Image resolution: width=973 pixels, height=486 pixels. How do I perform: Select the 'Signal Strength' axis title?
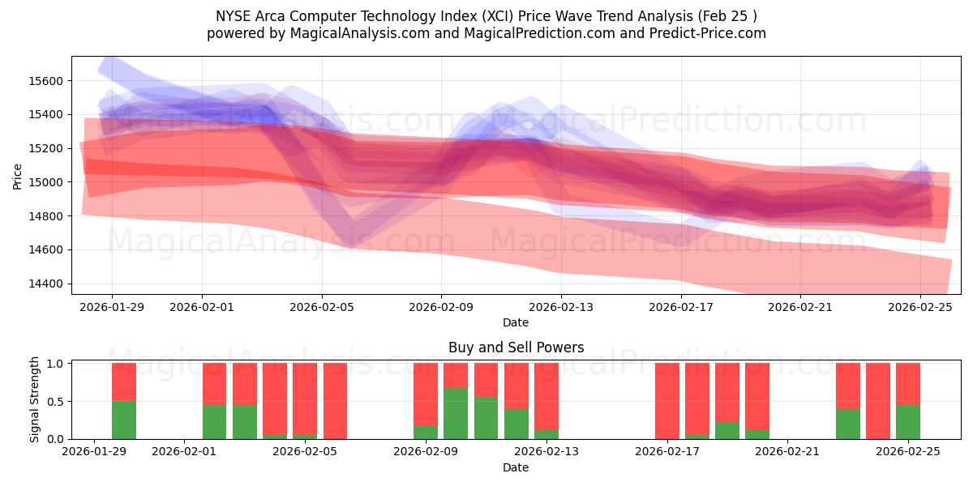click(34, 399)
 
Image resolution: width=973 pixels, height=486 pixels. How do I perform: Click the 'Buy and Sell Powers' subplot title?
click(516, 347)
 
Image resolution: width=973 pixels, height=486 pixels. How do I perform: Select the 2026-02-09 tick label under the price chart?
click(441, 307)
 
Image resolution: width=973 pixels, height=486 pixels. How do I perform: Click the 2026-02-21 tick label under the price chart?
click(800, 307)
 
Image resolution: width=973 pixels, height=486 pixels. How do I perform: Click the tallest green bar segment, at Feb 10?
click(456, 413)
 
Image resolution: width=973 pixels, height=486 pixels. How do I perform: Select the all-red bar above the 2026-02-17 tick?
click(667, 401)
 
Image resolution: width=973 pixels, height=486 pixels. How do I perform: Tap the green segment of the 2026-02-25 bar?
click(908, 422)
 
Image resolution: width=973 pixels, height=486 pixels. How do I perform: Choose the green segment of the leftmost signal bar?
click(124, 420)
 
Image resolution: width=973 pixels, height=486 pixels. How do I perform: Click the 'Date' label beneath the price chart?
click(516, 322)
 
